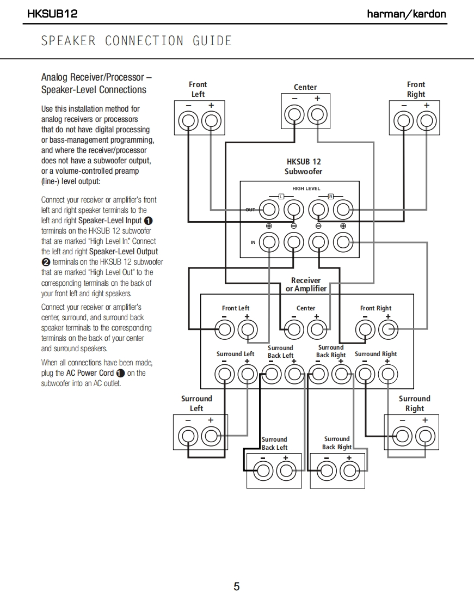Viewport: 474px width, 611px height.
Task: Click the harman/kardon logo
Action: point(407,14)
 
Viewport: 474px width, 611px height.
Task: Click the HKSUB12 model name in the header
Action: point(52,14)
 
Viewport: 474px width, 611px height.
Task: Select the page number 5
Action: point(237,586)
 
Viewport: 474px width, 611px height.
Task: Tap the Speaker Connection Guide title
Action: point(137,41)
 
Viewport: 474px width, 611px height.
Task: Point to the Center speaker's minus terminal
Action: point(294,114)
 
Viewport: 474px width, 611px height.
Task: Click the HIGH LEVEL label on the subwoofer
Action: point(306,189)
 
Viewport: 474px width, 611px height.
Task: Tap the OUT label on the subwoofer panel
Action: point(250,210)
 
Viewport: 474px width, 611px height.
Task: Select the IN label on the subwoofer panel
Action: point(253,242)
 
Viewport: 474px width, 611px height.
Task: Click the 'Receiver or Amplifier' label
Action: point(306,285)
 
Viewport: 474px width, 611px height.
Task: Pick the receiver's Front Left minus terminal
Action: point(225,329)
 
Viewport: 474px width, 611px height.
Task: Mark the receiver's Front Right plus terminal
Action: point(387,329)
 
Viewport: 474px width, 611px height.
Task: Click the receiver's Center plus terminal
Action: point(316,329)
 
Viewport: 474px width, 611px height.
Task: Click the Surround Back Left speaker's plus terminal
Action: point(285,471)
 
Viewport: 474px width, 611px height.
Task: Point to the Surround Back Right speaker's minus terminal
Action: point(327,471)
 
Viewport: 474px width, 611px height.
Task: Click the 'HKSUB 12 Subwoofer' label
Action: point(304,167)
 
